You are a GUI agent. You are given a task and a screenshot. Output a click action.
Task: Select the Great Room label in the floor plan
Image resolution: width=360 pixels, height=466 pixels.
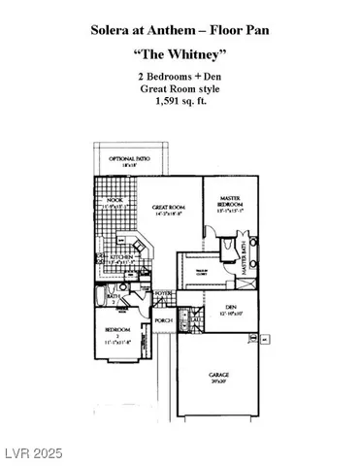168,207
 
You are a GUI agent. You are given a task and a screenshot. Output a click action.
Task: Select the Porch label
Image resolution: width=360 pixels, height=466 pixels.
164,320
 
